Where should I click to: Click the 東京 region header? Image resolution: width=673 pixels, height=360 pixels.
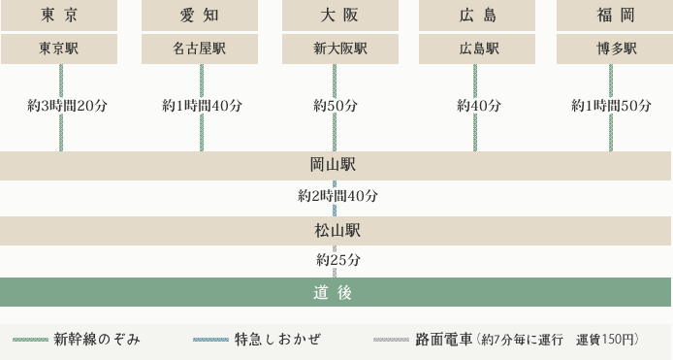(60, 15)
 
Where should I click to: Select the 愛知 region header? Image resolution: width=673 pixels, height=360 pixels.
(200, 15)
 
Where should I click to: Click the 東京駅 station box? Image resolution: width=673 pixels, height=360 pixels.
(60, 49)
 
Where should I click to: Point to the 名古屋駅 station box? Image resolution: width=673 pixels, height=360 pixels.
(200, 49)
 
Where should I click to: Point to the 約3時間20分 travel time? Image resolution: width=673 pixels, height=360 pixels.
(67, 106)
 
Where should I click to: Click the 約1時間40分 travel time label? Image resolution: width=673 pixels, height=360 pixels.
(202, 106)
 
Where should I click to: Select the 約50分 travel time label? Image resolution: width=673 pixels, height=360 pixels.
(336, 106)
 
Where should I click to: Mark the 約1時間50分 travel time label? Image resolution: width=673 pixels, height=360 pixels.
(611, 106)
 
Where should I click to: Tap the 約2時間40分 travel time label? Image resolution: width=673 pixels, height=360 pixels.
(337, 196)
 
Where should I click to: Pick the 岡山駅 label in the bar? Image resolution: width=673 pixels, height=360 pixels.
(334, 165)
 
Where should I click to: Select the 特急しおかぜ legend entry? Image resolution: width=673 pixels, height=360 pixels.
(276, 340)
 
